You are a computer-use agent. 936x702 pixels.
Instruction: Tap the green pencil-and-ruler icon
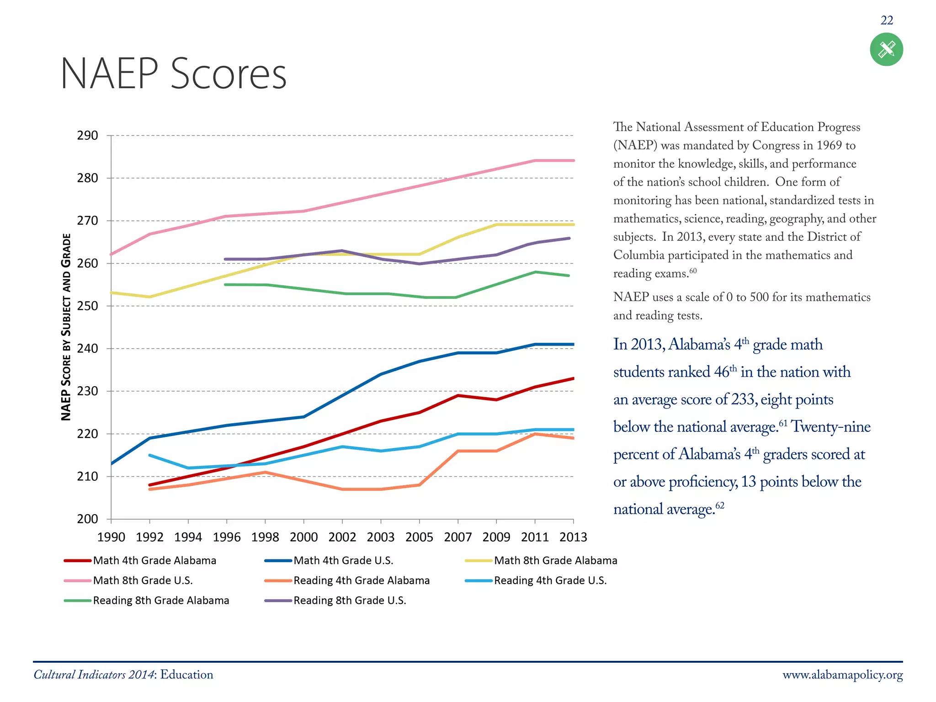pyautogui.click(x=886, y=49)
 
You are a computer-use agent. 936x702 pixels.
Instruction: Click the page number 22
pyautogui.click(x=887, y=21)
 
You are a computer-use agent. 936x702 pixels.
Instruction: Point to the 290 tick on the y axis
pyautogui.click(x=87, y=136)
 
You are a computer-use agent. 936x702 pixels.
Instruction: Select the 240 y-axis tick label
pyautogui.click(x=87, y=349)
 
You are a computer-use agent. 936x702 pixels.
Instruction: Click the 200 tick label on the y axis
pyautogui.click(x=87, y=519)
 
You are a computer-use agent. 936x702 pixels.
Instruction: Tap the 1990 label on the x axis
pyautogui.click(x=111, y=537)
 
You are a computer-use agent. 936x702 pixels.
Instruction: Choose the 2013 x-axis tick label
pyautogui.click(x=573, y=537)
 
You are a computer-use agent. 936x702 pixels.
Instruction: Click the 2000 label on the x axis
pyautogui.click(x=303, y=537)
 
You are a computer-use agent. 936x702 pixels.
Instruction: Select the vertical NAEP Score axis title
pyautogui.click(x=66, y=327)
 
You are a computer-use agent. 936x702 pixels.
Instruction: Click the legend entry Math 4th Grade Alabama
pyautogui.click(x=154, y=560)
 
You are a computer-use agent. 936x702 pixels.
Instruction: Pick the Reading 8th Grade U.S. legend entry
pyautogui.click(x=350, y=601)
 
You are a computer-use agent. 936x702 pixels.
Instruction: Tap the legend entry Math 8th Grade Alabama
pyautogui.click(x=555, y=560)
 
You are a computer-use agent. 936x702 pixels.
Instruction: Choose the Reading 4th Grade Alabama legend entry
pyautogui.click(x=361, y=580)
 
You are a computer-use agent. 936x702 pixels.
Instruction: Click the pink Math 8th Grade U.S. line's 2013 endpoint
pyautogui.click(x=573, y=160)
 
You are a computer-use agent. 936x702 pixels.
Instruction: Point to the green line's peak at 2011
pyautogui.click(x=535, y=272)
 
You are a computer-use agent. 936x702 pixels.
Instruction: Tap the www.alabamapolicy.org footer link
pyautogui.click(x=842, y=675)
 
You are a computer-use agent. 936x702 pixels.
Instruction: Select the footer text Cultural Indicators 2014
pyautogui.click(x=94, y=675)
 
